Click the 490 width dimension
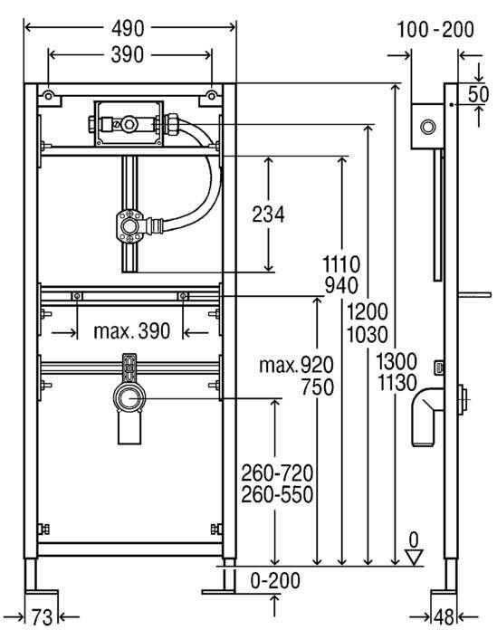(128, 29)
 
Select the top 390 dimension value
(127, 54)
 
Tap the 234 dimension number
(268, 215)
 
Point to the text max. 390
(132, 331)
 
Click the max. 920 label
(297, 365)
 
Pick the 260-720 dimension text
(277, 472)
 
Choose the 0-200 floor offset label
(275, 580)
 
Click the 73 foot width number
(43, 616)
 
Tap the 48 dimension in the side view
(444, 616)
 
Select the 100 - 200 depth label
(435, 29)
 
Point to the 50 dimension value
(479, 94)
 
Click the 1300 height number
(397, 361)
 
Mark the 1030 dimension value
(368, 335)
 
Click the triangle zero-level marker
(414, 558)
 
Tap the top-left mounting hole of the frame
(48, 96)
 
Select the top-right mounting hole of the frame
(211, 95)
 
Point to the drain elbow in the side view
(427, 415)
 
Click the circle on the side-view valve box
(428, 127)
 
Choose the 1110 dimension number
(341, 264)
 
